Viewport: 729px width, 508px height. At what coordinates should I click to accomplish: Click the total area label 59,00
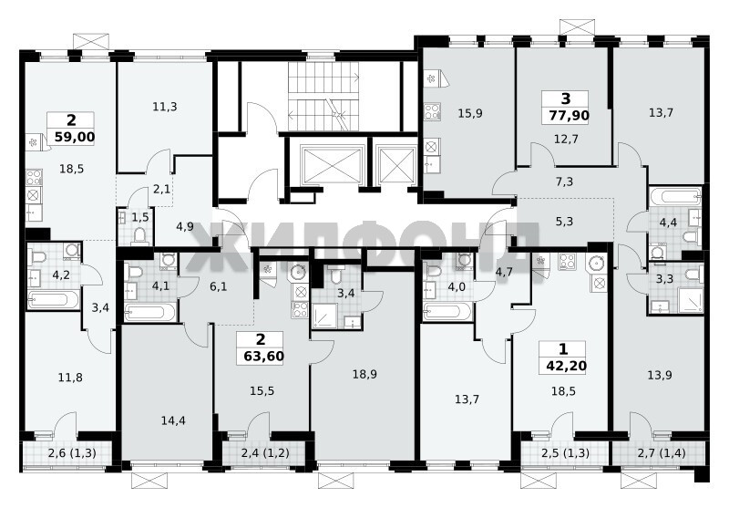(75, 137)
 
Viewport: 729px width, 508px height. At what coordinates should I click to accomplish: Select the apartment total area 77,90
(569, 115)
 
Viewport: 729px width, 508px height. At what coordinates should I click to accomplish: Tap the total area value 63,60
(263, 357)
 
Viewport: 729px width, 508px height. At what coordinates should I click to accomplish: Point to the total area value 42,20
(566, 366)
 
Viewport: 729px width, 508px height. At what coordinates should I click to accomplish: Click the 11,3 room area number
(165, 107)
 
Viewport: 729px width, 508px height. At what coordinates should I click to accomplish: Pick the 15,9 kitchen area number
(470, 113)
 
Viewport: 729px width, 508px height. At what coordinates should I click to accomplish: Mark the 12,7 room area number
(566, 138)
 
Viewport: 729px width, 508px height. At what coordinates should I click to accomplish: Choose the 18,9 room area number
(364, 375)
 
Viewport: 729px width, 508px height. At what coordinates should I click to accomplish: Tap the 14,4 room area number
(173, 420)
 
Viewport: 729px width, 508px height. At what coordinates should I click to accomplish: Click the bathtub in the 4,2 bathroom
(53, 299)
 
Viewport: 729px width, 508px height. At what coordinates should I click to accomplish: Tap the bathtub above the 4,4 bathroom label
(675, 196)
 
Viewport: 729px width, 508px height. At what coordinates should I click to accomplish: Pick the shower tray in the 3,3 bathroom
(691, 300)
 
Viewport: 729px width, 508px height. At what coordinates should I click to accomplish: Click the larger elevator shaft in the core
(331, 165)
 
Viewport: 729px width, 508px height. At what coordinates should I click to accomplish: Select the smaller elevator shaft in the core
(396, 165)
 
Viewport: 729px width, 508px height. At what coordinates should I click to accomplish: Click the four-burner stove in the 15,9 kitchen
(432, 112)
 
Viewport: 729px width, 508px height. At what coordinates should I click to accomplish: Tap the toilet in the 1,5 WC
(139, 236)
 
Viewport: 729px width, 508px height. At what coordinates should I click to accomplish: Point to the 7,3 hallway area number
(564, 181)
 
